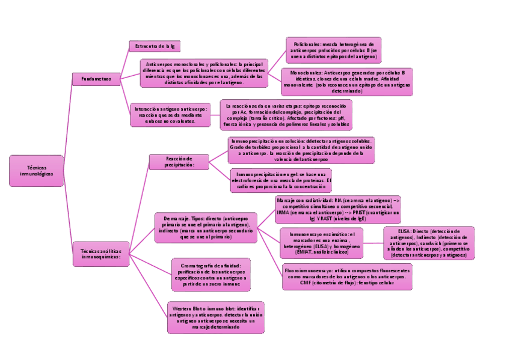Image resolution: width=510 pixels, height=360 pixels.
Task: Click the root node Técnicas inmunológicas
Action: click(x=37, y=171)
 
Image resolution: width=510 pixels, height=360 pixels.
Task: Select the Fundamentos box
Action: click(x=96, y=79)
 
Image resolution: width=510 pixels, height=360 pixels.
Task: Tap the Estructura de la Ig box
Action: click(x=155, y=46)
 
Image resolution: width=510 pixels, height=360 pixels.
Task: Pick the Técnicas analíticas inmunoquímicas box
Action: click(x=101, y=252)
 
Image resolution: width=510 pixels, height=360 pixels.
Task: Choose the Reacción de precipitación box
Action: click(x=179, y=161)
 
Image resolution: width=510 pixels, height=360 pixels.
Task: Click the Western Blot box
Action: click(x=215, y=317)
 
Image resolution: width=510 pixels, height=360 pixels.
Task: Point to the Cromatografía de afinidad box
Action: click(x=211, y=273)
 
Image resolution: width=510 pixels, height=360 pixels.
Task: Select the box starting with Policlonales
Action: click(x=333, y=50)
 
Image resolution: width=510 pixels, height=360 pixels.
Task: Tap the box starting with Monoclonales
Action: click(x=346, y=82)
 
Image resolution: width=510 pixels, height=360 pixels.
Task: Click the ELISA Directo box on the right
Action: click(x=429, y=243)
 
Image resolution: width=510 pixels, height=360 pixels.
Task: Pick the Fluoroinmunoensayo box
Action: click(x=347, y=277)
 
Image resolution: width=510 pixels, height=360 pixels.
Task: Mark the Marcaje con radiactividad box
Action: click(x=337, y=209)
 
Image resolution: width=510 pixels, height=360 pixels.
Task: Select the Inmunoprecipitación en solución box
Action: click(x=301, y=150)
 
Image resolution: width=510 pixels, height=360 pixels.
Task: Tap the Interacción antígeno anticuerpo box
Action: click(x=171, y=115)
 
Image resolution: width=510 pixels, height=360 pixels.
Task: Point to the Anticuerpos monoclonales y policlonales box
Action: click(x=204, y=73)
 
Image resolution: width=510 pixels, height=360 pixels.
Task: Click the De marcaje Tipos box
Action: click(x=206, y=227)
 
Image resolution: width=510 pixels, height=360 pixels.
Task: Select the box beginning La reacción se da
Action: click(x=286, y=115)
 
